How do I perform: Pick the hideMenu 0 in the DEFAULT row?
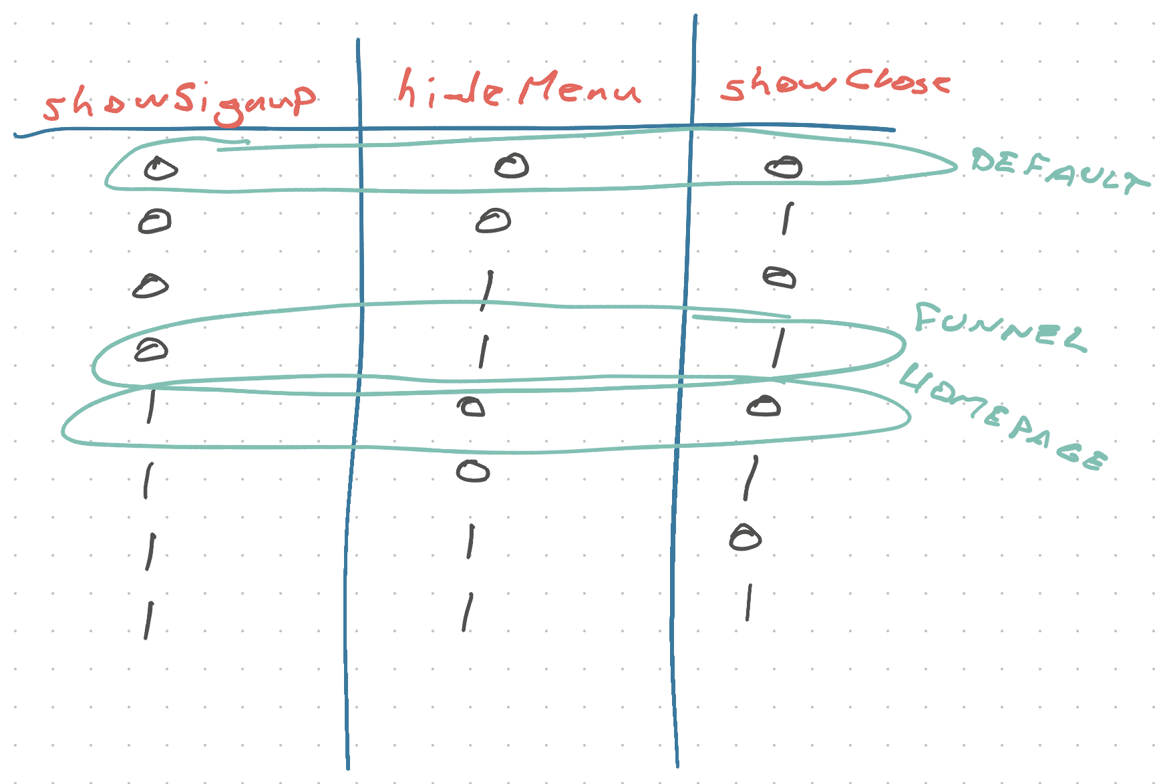point(512,165)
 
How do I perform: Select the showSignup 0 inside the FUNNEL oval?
point(152,350)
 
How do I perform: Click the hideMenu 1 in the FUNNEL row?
point(483,352)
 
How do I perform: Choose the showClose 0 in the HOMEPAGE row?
point(764,406)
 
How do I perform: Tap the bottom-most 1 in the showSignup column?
point(148,620)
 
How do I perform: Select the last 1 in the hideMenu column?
point(468,612)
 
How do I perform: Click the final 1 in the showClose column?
point(749,602)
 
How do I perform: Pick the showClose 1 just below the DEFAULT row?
point(787,219)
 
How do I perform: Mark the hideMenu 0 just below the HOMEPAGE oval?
point(473,472)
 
